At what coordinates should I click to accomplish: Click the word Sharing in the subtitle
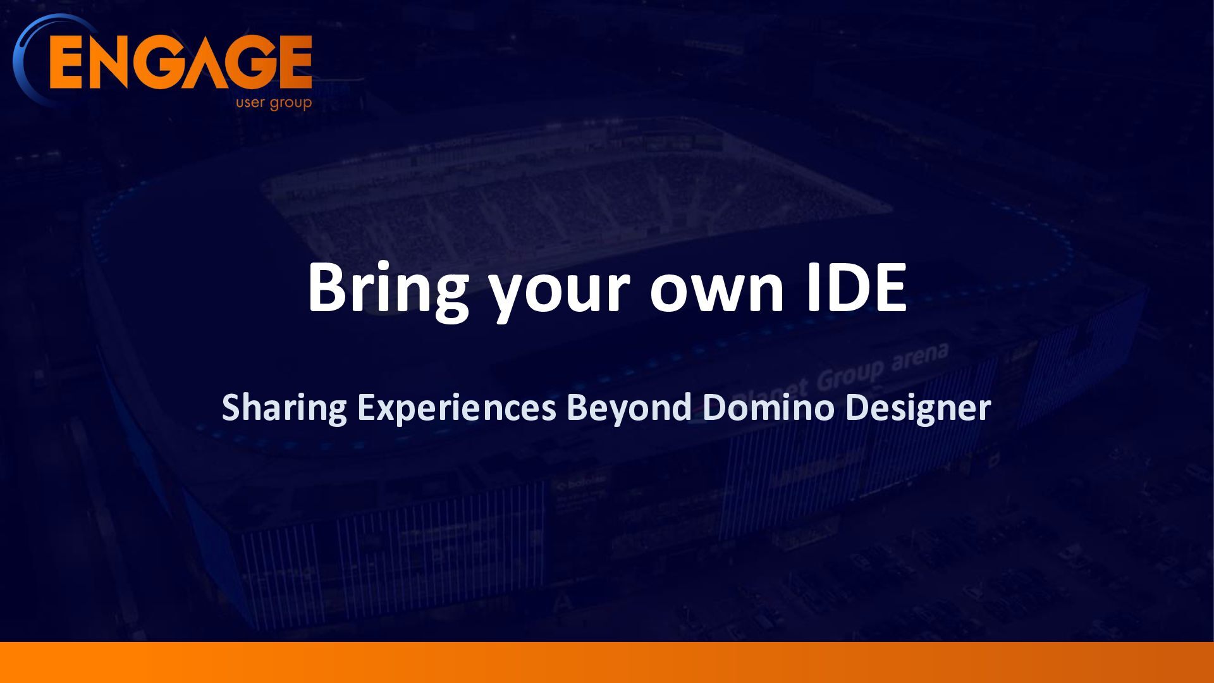point(284,409)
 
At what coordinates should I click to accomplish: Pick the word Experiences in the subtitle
point(456,409)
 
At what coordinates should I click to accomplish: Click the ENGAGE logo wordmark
point(180,62)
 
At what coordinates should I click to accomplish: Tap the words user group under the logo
point(274,102)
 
